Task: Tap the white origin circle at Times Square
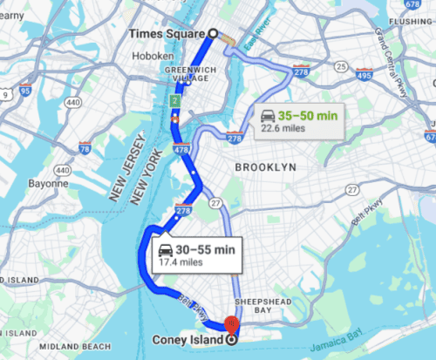(211, 33)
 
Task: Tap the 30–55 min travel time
(206, 249)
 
